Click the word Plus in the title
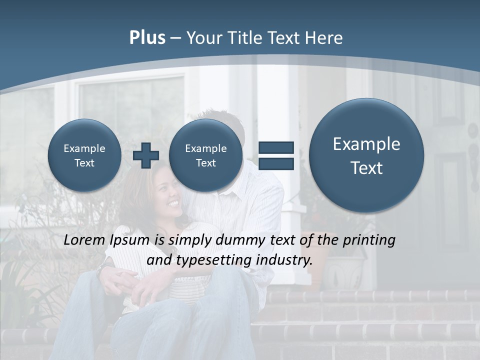(147, 38)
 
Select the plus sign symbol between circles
(145, 155)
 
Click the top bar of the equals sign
(276, 147)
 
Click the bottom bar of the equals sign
(276, 164)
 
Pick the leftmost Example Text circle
(84, 155)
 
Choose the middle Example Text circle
(205, 155)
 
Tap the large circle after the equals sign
(366, 155)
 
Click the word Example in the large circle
(366, 144)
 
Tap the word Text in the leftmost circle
(84, 163)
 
